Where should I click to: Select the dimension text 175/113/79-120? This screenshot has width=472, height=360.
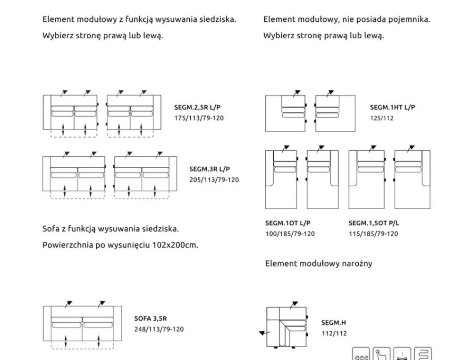(x=199, y=118)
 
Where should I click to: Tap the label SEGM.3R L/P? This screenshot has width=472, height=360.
(x=210, y=169)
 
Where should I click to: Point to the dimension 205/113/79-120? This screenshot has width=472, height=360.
(x=214, y=180)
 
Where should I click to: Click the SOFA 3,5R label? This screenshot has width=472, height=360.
(x=150, y=319)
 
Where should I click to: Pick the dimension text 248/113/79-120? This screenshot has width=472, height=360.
(x=159, y=329)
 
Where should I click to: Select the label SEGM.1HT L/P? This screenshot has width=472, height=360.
(x=392, y=108)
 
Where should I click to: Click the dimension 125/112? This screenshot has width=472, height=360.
(x=381, y=118)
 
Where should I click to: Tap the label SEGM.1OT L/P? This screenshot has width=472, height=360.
(x=287, y=223)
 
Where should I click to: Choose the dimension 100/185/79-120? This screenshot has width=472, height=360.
(x=289, y=234)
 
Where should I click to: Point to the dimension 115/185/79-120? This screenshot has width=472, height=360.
(x=373, y=234)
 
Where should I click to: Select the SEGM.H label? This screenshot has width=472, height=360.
(x=334, y=323)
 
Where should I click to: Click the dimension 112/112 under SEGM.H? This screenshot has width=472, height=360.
(x=334, y=334)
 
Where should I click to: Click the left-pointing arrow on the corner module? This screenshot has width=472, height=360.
(x=263, y=334)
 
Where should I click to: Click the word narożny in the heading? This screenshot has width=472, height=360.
(x=356, y=264)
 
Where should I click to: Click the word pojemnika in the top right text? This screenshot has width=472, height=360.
(x=412, y=20)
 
